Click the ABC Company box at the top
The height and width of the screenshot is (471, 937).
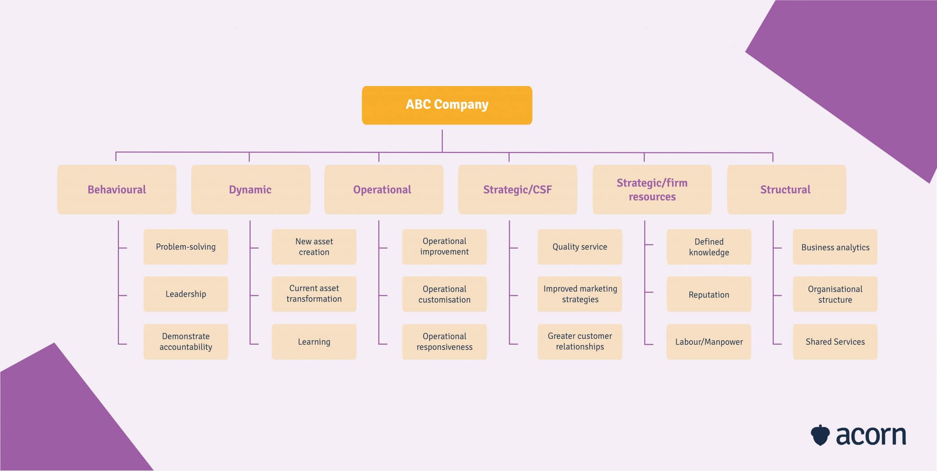point(447,105)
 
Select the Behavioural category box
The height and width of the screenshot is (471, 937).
point(117,189)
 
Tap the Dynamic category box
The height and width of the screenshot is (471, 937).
point(250,189)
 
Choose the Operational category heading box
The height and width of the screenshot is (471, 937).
point(383,189)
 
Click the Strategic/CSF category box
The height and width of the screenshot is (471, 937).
point(517,189)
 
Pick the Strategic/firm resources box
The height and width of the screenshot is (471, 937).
point(652,189)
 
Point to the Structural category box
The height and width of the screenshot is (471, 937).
point(786,189)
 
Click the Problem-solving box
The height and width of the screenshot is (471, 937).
point(186,247)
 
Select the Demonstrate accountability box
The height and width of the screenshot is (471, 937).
point(186,341)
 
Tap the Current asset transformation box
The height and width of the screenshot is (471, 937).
point(314,294)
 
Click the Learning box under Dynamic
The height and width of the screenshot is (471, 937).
point(314,341)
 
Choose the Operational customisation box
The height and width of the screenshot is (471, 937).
point(444,294)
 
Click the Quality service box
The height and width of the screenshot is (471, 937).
point(580,247)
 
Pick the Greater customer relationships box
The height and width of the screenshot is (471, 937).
point(580,341)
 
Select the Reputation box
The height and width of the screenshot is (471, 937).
point(709,294)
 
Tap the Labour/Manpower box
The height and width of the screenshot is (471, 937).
point(709,341)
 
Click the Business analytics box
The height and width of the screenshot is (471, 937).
point(835,247)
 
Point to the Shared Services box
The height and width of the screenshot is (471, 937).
point(835,341)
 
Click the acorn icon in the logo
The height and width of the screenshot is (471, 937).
point(820,435)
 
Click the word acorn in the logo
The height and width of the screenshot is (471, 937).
point(871,436)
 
